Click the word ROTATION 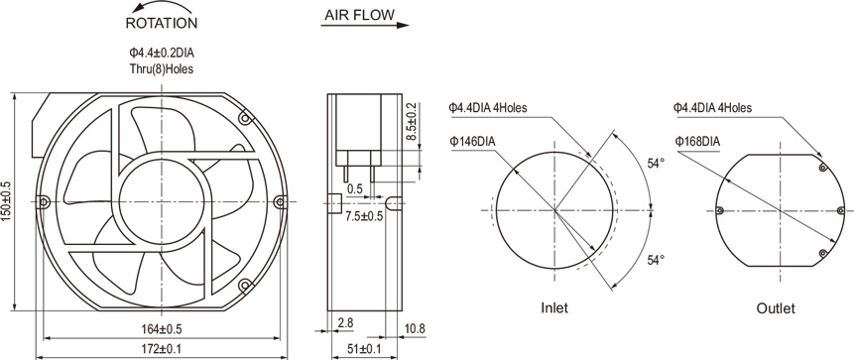coord(162,23)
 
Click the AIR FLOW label coord(359,15)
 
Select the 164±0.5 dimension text coord(162,329)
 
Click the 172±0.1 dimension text coord(162,348)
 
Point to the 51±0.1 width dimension coord(364,348)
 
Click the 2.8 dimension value coord(345,323)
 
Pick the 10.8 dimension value coord(415,328)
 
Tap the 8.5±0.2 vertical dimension coord(412,123)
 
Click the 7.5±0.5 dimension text coord(364,216)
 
